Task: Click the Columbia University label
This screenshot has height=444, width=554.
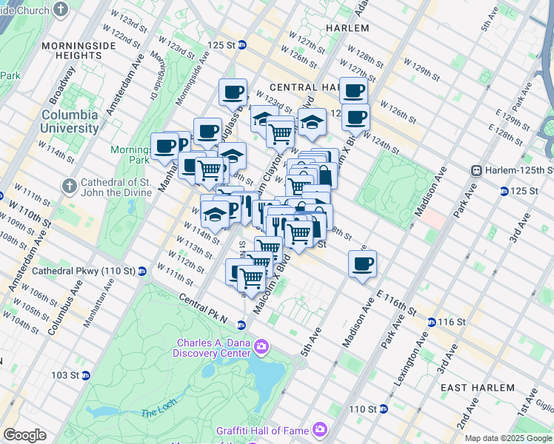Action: pyautogui.click(x=70, y=121)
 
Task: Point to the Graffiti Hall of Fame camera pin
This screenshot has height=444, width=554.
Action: pyautogui.click(x=320, y=429)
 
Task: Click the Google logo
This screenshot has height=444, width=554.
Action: pyautogui.click(x=24, y=435)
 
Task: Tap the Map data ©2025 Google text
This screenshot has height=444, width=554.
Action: pyautogui.click(x=508, y=438)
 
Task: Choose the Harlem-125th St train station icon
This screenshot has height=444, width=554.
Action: pyautogui.click(x=478, y=170)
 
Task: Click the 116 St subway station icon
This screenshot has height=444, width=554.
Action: pyautogui.click(x=431, y=322)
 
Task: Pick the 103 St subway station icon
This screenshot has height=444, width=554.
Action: pyautogui.click(x=85, y=375)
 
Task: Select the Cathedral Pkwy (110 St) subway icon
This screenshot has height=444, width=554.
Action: pyautogui.click(x=141, y=271)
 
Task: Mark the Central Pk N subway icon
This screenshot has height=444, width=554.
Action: pyautogui.click(x=241, y=325)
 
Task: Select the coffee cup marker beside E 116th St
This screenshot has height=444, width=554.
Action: pyautogui.click(x=362, y=265)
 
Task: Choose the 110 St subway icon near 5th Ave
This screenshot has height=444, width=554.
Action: pyautogui.click(x=384, y=408)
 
